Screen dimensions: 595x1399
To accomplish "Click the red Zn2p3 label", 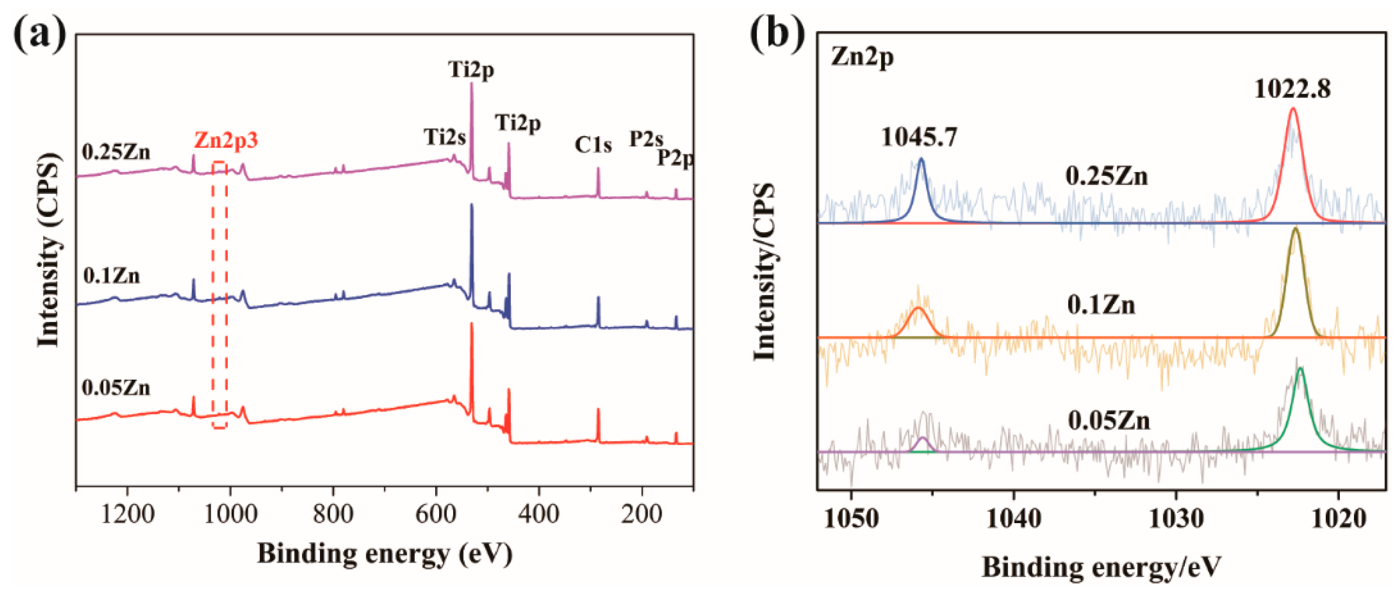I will click(226, 141).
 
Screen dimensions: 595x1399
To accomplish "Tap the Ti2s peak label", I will click(445, 137).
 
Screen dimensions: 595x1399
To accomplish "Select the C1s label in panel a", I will click(593, 145).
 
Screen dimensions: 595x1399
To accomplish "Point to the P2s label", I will click(646, 139).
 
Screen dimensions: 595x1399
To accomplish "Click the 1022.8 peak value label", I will click(1292, 89).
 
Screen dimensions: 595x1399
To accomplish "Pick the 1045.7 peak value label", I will click(919, 137).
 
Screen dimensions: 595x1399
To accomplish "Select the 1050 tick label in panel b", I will click(851, 519).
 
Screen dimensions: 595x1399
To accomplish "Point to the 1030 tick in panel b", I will click(1176, 519).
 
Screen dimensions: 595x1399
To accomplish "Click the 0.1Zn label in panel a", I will click(111, 276).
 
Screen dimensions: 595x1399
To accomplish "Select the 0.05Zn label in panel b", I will click(1108, 421).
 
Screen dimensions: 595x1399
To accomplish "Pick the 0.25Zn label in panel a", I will click(116, 153).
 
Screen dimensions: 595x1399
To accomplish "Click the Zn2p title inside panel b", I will click(862, 58).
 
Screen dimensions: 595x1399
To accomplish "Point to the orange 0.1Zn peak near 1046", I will click(918, 308).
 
